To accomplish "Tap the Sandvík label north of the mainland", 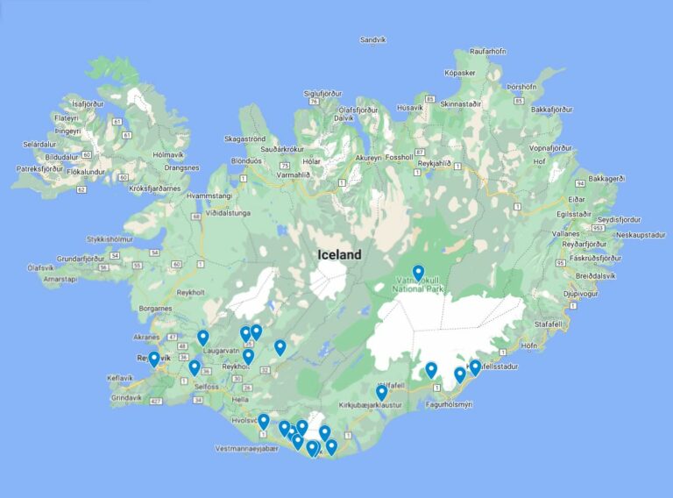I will tap(372, 40).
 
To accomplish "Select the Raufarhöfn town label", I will tap(488, 52).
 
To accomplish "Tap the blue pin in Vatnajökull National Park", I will tap(418, 273).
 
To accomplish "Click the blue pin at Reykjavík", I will tap(154, 358).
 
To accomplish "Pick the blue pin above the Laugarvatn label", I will tap(202, 337).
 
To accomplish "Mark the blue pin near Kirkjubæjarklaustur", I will tap(381, 392).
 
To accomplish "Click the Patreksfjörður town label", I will tap(40, 168).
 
